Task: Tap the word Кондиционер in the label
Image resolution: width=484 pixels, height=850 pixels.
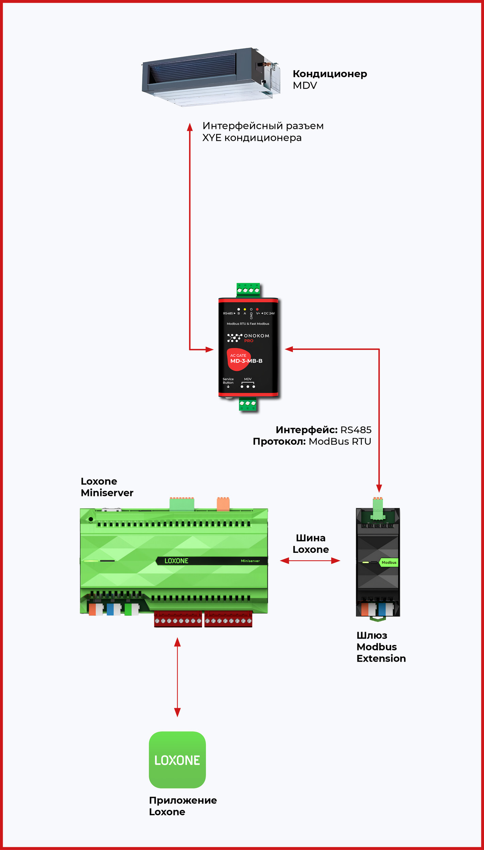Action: (329, 74)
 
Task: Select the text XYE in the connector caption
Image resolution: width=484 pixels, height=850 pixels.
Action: (212, 138)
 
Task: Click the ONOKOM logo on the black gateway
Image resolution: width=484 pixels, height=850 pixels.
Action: (248, 338)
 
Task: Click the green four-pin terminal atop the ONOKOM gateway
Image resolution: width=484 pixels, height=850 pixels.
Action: (248, 290)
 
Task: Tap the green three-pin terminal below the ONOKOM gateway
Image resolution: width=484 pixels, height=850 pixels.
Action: (247, 404)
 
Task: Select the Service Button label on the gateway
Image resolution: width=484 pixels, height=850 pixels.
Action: (228, 381)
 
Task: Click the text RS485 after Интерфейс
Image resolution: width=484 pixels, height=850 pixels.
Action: (356, 430)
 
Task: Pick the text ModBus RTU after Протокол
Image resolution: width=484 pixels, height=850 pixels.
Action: (340, 442)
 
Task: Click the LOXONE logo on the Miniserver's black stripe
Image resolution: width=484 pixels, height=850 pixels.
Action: (176, 561)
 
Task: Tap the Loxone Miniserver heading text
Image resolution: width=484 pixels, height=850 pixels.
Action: (107, 487)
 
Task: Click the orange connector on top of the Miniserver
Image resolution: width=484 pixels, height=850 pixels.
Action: (223, 504)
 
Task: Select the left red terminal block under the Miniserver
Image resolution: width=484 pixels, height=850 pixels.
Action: (178, 619)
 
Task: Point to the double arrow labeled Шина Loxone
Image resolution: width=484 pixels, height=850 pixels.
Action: (310, 561)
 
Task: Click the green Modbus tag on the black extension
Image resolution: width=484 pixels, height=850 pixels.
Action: (388, 563)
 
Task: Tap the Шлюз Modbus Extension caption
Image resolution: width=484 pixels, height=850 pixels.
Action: (381, 647)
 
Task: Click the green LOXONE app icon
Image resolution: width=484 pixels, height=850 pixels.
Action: (177, 760)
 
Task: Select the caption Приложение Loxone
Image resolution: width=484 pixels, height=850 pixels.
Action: (183, 806)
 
